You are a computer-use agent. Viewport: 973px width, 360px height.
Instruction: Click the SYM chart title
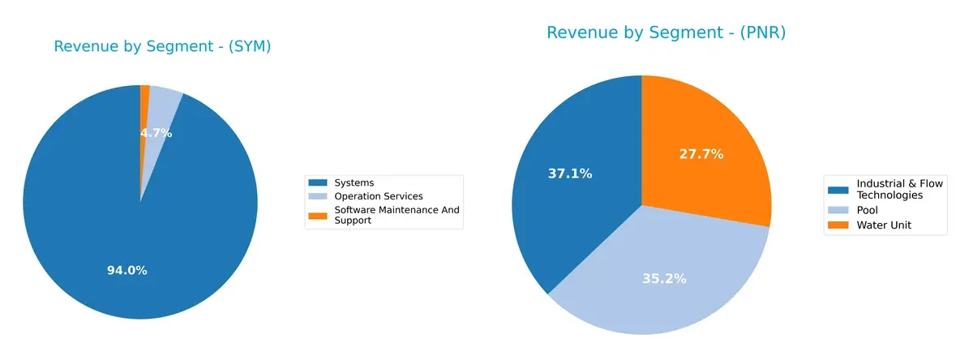click(162, 47)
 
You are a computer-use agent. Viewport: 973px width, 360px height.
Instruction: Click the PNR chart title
click(666, 32)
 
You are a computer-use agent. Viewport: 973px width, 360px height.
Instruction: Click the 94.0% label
click(127, 271)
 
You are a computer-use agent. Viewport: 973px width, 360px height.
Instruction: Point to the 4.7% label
click(156, 133)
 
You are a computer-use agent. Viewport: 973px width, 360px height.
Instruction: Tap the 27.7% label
click(701, 154)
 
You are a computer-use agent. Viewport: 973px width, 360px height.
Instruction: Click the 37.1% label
click(570, 174)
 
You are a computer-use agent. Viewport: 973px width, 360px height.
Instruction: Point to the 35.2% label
click(664, 279)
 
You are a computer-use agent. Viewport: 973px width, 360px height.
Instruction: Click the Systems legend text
click(354, 183)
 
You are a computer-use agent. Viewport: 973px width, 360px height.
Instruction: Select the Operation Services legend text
click(379, 196)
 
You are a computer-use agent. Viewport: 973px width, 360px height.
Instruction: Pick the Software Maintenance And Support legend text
click(396, 215)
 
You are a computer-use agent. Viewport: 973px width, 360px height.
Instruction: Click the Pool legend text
click(868, 210)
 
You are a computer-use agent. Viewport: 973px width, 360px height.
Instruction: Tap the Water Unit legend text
click(884, 225)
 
